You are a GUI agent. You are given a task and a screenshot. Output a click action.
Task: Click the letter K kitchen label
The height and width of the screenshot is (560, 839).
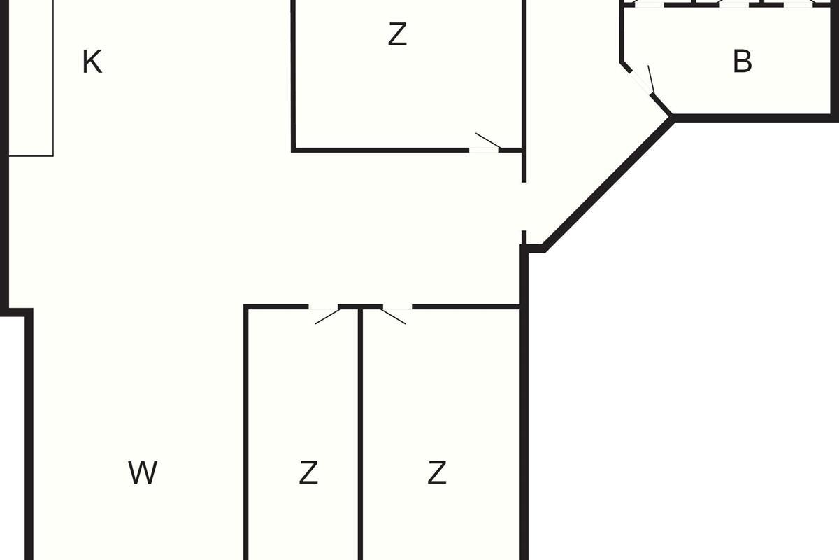[92, 62]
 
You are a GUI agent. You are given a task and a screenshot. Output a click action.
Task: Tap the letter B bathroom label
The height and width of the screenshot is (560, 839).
[742, 61]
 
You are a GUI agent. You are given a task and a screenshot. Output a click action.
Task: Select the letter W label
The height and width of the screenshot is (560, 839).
[143, 472]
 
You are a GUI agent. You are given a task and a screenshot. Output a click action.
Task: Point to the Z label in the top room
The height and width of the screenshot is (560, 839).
[397, 34]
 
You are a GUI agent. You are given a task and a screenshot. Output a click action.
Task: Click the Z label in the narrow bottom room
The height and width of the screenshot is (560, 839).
[308, 472]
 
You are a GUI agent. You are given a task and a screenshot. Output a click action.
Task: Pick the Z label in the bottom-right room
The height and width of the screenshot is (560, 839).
[437, 472]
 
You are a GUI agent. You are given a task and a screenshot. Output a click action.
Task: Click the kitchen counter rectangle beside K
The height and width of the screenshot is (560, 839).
[31, 78]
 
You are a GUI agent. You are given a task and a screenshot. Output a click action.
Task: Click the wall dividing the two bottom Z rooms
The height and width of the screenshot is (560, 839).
[360, 433]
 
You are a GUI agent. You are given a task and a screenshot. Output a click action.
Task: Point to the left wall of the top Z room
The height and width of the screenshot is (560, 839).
[294, 75]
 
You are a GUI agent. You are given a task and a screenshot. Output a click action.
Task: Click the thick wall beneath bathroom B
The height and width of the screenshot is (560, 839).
[754, 118]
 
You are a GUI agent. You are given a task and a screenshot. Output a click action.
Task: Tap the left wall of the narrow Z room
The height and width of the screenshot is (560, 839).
[246, 433]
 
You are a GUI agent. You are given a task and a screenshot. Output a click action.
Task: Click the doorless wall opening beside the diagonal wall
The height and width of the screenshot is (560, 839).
[524, 206]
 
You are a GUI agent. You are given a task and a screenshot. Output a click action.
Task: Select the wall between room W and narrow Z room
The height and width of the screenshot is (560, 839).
[246, 433]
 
